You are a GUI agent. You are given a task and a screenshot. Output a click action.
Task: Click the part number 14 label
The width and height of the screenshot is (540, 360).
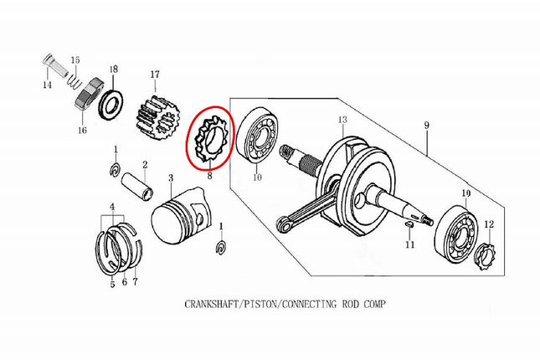click(47, 85)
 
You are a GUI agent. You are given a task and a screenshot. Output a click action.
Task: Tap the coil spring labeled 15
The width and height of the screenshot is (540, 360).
click(74, 82)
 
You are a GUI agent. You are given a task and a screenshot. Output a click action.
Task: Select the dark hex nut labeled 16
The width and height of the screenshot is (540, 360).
click(90, 95)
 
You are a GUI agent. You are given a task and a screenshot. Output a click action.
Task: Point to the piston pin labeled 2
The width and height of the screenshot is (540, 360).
click(138, 186)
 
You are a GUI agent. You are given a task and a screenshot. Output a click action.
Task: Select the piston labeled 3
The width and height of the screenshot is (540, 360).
click(181, 216)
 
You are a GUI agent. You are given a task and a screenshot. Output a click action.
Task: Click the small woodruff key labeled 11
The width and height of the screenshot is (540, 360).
click(409, 224)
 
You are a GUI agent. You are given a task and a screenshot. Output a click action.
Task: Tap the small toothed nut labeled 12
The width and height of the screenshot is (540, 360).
click(486, 256)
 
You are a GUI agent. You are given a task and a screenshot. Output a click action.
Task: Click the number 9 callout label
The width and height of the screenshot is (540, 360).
click(427, 126)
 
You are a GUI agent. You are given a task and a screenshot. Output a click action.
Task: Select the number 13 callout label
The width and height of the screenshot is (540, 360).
click(342, 120)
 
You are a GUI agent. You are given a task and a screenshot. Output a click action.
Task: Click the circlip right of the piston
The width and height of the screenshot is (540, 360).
click(222, 249)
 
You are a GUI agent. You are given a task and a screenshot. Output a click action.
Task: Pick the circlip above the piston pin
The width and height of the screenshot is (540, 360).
click(116, 169)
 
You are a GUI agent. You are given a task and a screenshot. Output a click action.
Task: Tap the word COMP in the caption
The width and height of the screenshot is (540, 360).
click(375, 304)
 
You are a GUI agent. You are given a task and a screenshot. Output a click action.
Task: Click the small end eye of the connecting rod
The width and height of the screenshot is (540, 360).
click(283, 224)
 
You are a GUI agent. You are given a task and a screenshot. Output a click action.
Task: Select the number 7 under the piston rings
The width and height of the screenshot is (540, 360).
click(135, 281)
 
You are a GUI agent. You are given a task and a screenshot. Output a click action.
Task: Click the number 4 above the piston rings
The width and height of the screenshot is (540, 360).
click(112, 207)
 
